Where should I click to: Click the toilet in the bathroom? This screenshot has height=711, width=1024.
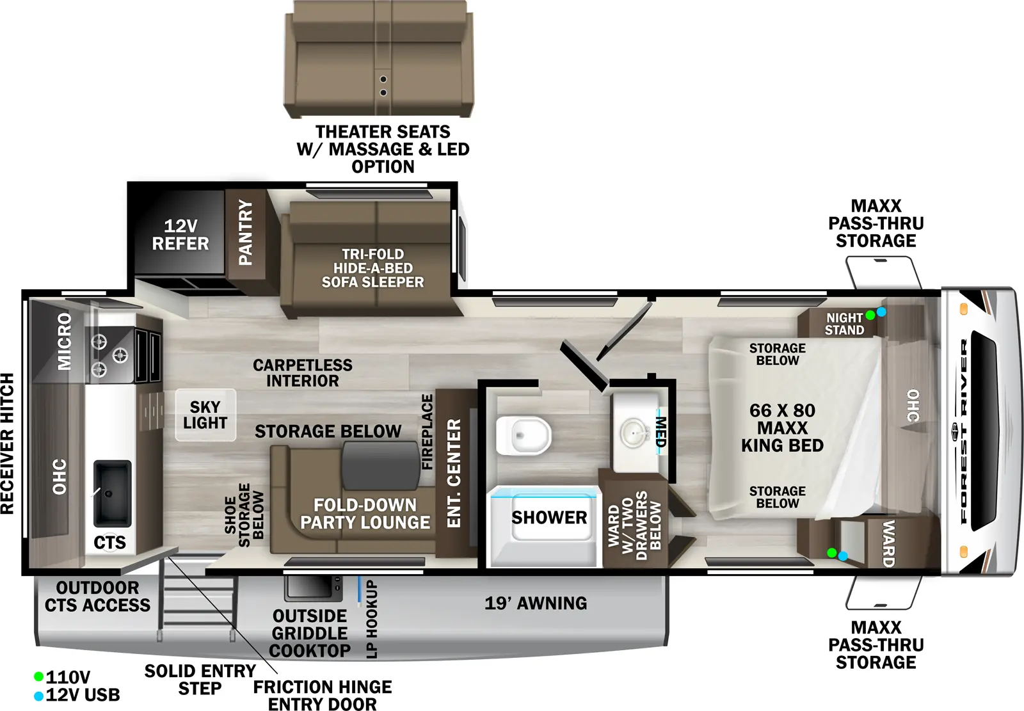click(x=524, y=436)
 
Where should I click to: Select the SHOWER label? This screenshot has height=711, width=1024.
click(x=549, y=518)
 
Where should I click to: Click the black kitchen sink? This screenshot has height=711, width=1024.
click(x=113, y=492)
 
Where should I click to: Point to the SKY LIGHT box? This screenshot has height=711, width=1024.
click(x=205, y=415)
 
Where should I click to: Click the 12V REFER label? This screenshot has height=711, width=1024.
click(x=180, y=235)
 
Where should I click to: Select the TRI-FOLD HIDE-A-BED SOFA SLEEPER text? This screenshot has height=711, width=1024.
click(x=372, y=268)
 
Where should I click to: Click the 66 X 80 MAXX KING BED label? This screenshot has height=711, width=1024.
click(x=782, y=427)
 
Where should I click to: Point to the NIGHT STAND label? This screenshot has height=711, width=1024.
click(x=844, y=324)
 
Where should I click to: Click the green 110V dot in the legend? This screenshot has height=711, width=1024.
click(x=38, y=676)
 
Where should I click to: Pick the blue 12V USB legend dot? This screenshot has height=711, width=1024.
click(x=38, y=695)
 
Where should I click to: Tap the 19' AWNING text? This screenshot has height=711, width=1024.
click(x=536, y=603)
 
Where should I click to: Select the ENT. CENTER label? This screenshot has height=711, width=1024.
click(x=454, y=473)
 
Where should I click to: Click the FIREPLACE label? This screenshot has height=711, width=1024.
click(x=427, y=431)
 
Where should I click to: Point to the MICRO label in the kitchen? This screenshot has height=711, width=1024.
click(x=65, y=341)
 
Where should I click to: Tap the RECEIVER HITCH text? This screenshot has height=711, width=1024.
click(x=7, y=443)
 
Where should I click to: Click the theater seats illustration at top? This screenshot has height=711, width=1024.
click(x=379, y=59)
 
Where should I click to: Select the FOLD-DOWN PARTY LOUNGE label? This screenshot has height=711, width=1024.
click(x=365, y=514)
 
